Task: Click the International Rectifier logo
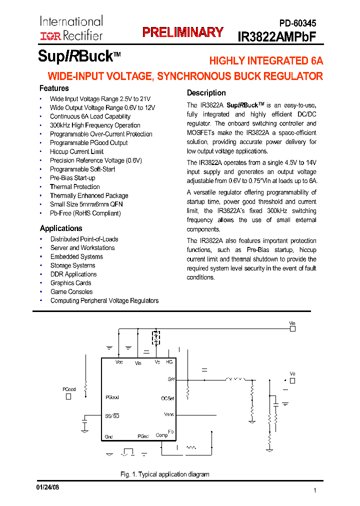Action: tap(71, 28)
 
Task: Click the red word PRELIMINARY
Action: tap(182, 32)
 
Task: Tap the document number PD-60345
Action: tap(297, 23)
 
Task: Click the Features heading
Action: tap(54, 88)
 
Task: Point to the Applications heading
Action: tap(61, 228)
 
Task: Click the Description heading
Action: tap(206, 92)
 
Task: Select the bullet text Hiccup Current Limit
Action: tap(76, 151)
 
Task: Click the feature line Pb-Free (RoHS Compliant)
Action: tap(85, 213)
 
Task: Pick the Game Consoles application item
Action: tap(71, 291)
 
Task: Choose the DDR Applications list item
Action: tap(73, 274)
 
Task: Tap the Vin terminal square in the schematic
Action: tap(293, 329)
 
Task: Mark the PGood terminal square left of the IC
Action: tap(68, 396)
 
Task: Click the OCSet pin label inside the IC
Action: tap(167, 398)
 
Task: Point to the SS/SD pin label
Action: tap(112, 415)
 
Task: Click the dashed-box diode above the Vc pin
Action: tap(156, 337)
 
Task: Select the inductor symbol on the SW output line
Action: tap(232, 379)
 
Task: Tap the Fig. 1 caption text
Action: tap(165, 474)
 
